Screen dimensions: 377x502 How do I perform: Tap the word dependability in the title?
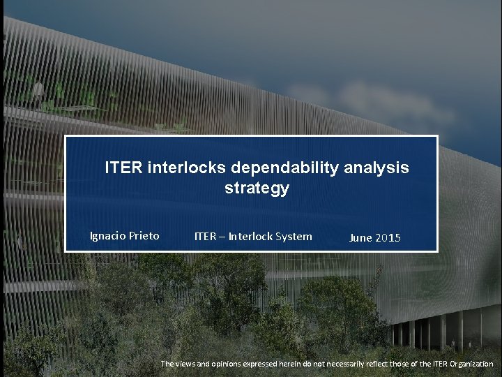pyautogui.click(x=283, y=168)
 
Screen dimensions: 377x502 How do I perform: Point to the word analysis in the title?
pyautogui.click(x=379, y=168)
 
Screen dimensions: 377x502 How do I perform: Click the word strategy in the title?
pyautogui.click(x=257, y=188)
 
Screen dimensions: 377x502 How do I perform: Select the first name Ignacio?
pyautogui.click(x=108, y=236)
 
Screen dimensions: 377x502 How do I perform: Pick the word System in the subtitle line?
pyautogui.click(x=295, y=236)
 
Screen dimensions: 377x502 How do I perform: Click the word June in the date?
pyautogui.click(x=360, y=238)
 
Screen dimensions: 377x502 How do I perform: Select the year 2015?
pyautogui.click(x=388, y=238)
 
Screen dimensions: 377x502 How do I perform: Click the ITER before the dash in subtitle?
pyautogui.click(x=205, y=236)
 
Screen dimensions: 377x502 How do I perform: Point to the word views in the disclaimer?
pyautogui.click(x=188, y=364)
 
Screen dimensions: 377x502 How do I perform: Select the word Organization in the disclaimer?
pyautogui.click(x=466, y=364)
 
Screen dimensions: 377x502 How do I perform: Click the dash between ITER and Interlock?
pyautogui.click(x=222, y=237)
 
